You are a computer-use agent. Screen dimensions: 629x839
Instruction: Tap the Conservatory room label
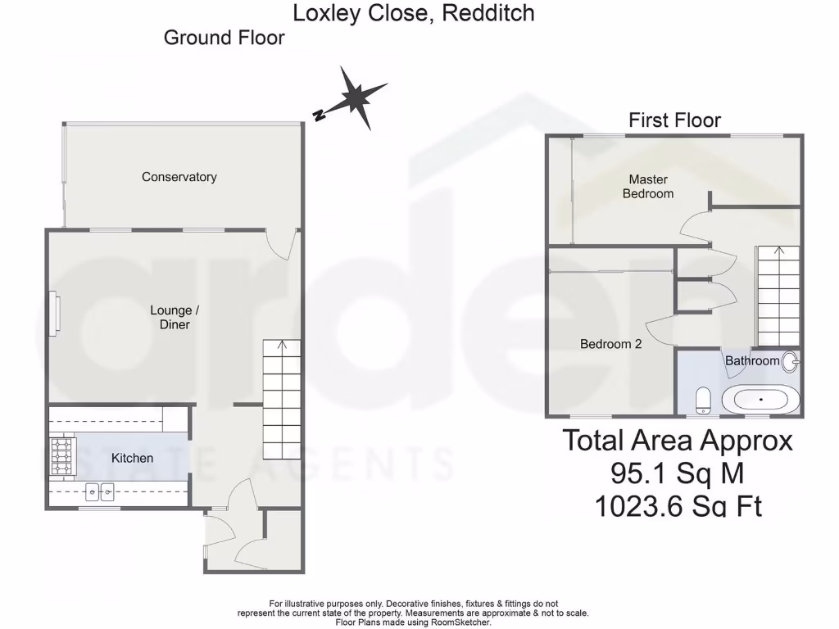(179, 177)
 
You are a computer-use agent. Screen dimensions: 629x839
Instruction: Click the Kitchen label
(132, 458)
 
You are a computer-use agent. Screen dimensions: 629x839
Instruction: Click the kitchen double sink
(100, 492)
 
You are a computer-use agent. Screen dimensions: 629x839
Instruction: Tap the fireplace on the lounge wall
(54, 313)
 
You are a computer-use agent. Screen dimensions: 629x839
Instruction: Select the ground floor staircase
(281, 401)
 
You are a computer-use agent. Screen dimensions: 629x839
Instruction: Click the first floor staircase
(777, 295)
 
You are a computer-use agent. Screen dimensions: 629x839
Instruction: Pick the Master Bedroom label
(648, 187)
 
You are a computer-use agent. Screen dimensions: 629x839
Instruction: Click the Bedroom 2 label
(610, 344)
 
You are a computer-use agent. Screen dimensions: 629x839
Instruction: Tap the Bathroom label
(751, 360)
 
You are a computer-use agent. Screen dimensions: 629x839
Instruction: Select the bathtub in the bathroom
(760, 400)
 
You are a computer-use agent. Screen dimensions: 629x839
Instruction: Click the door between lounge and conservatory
(283, 243)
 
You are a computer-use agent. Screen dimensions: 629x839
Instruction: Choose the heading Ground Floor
(224, 38)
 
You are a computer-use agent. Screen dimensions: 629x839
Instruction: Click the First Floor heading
(674, 120)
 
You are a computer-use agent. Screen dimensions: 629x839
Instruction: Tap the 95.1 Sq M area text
(677, 473)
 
